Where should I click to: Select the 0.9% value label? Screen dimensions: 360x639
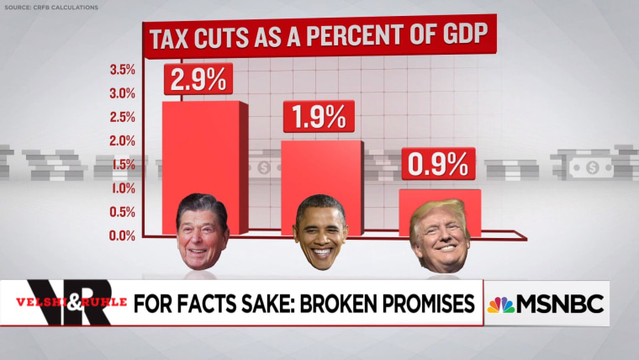coord(438,165)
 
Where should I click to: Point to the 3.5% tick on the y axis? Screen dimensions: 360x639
coord(123,69)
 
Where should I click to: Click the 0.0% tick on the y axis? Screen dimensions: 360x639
coord(123,236)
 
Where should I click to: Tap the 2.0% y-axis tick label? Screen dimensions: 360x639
coord(123,140)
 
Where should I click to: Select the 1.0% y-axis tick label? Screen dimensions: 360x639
coord(123,188)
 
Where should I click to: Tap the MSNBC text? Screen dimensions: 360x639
coord(560,304)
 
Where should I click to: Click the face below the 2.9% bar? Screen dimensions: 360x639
coord(203,232)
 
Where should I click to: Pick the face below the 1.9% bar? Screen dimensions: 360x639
coord(320,232)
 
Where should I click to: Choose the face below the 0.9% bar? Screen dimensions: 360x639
coord(440,235)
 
